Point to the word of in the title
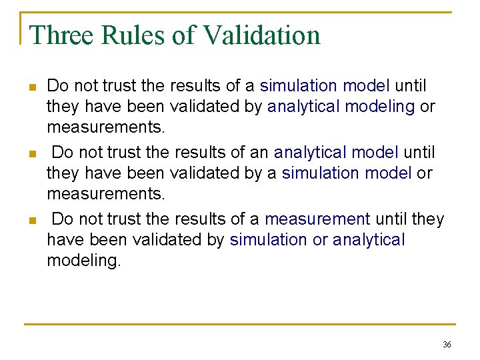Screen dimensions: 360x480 tap(182, 35)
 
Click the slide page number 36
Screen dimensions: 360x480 tap(447, 345)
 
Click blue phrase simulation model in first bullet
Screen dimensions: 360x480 tap(325, 87)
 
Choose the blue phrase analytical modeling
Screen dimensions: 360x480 tap(341, 107)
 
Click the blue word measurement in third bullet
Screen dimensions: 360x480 tap(317, 219)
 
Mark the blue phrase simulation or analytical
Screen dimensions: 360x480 tap(317, 240)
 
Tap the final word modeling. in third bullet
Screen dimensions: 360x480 tap(84, 261)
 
